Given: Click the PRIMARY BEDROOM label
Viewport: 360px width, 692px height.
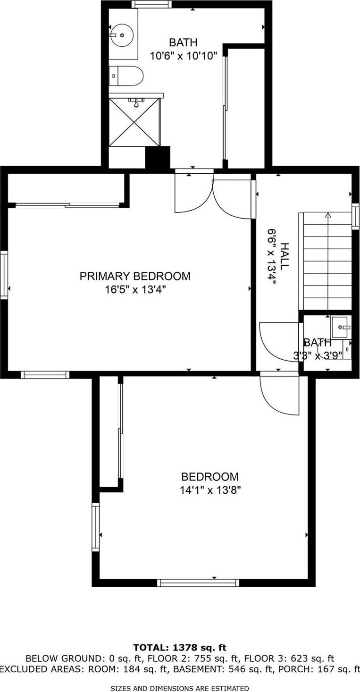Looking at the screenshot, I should tap(135, 276).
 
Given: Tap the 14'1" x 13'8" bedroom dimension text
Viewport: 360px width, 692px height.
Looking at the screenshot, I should tap(210, 490).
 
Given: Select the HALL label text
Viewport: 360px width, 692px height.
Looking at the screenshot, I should tap(284, 256).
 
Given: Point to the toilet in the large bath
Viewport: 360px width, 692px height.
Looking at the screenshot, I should tap(126, 76).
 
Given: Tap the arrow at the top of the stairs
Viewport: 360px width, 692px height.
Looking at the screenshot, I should tap(328, 216).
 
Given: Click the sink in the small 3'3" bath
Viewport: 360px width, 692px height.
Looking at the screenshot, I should tap(341, 326).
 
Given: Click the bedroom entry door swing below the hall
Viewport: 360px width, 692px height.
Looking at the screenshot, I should tap(279, 393).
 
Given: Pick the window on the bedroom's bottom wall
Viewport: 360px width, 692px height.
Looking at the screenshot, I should tap(198, 582).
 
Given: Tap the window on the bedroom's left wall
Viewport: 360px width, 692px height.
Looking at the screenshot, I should tap(96, 527).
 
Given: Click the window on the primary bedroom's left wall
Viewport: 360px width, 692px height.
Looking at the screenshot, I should tap(4, 275).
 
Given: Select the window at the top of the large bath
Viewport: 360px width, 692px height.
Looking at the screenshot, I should tap(151, 4).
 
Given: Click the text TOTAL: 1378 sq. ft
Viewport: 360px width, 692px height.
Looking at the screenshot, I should tap(180, 648).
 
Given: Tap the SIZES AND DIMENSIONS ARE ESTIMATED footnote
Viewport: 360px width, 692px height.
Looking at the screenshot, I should tap(180, 688).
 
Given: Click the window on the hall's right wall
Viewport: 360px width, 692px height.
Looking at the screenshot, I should tap(356, 216).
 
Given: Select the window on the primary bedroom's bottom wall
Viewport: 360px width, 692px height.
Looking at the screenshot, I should tap(45, 375).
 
